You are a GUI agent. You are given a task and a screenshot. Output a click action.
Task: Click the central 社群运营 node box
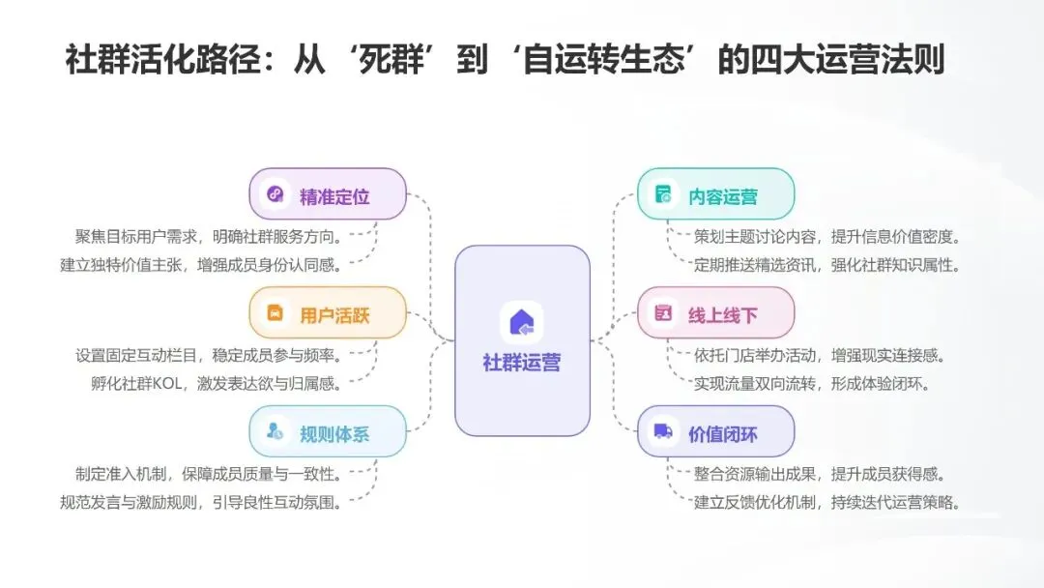522,339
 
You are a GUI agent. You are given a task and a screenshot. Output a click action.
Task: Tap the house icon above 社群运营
522,321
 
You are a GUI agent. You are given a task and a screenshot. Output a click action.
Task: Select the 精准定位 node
328,194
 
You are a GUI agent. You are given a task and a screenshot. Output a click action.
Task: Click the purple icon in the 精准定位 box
275,194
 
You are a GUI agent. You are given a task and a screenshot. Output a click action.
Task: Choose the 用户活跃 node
328,313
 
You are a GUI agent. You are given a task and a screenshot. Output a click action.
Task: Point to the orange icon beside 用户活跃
275,313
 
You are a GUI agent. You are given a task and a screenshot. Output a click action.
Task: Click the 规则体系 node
328,432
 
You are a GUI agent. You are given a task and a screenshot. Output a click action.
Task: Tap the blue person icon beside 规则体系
275,432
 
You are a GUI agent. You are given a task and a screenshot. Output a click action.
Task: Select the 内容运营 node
715,194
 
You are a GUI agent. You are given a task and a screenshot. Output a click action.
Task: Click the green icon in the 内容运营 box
664,194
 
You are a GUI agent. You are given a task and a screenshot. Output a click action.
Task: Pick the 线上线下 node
715,313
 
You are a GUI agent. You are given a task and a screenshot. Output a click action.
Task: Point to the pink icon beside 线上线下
664,313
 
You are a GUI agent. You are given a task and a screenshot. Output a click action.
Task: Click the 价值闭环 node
715,432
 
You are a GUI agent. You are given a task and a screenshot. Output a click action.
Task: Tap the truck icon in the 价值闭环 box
664,431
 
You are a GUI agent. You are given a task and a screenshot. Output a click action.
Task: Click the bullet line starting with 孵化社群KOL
209,383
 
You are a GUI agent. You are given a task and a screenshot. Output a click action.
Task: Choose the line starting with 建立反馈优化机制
826,502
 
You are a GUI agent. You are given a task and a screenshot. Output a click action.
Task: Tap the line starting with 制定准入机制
209,474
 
